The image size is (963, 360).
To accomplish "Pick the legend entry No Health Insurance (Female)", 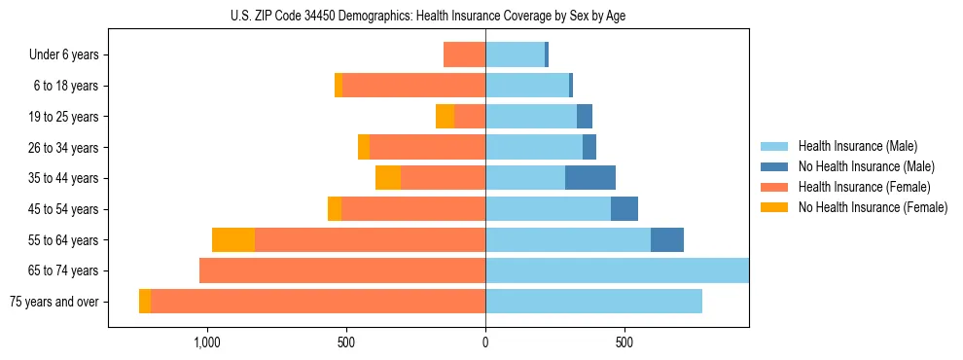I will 872,207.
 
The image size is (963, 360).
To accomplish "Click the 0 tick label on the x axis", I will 485,342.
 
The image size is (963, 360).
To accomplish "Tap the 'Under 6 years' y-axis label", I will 64,54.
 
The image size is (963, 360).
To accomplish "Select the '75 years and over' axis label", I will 54,302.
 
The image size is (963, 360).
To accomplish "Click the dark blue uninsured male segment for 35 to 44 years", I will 590,178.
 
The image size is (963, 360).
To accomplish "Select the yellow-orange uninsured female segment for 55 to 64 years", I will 233,239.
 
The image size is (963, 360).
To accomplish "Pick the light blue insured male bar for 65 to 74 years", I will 617,270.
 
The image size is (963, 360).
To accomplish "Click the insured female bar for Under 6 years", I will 464,54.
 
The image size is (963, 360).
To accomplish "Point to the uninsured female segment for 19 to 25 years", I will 445,116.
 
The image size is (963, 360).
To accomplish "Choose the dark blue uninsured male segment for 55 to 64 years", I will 667,239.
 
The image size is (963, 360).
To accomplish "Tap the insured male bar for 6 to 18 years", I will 527,86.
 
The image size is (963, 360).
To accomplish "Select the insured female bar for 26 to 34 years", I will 427,147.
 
